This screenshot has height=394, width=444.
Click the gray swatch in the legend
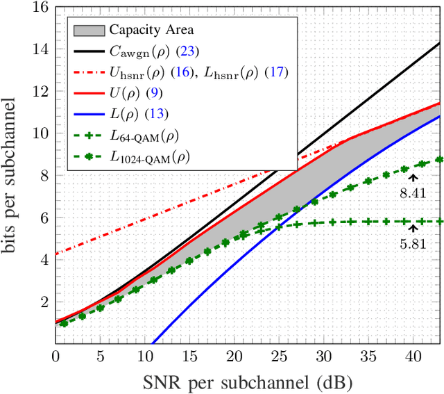[87, 31]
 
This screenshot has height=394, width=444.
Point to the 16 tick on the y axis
[40, 8]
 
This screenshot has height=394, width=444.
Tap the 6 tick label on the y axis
[43, 217]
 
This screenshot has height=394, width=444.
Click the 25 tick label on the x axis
[277, 356]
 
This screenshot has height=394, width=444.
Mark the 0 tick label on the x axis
[55, 356]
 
